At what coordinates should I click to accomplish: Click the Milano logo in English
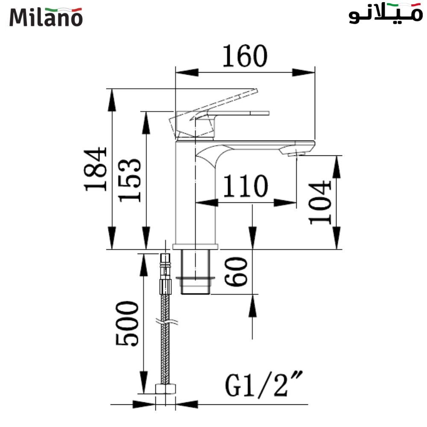pos(46,17)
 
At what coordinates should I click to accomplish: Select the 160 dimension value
pos(245,56)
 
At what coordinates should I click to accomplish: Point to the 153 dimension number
pos(130,180)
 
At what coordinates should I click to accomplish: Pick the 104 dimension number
pos(320,202)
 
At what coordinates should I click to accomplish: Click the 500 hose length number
pos(127,323)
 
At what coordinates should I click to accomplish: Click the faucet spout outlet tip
pos(296,153)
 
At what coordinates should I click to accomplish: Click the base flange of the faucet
pos(195,246)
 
